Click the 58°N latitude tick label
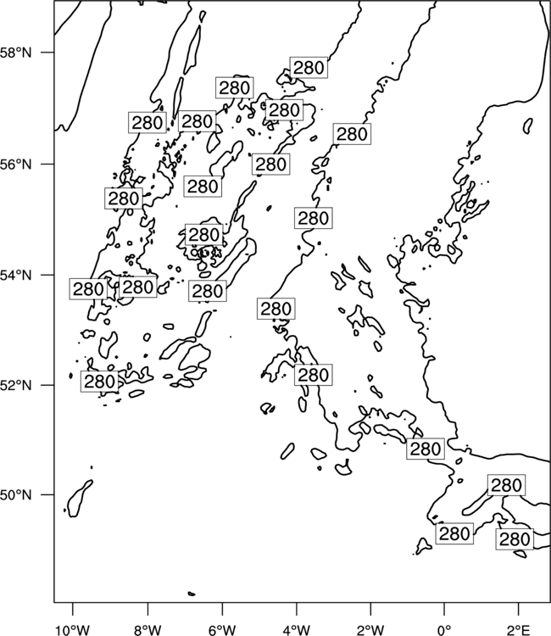click(x=16, y=53)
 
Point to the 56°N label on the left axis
click(x=16, y=165)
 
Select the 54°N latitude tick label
click(x=16, y=276)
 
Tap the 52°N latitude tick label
click(x=16, y=385)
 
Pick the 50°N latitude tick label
click(x=16, y=495)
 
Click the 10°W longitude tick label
click(x=73, y=630)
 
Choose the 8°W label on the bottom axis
click(x=147, y=630)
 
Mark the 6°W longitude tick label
click(x=222, y=630)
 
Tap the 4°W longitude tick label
click(x=296, y=630)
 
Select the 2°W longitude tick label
click(x=370, y=630)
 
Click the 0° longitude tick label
click(x=444, y=630)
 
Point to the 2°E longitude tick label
click(x=518, y=630)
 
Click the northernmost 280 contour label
click(x=309, y=67)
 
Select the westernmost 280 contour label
click(x=88, y=289)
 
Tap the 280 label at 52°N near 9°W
click(x=99, y=382)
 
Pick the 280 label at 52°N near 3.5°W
click(x=314, y=375)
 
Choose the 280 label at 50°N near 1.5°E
click(x=506, y=485)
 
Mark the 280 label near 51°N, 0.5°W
click(x=426, y=449)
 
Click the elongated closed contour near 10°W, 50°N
click(x=80, y=498)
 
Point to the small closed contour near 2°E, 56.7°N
click(x=528, y=126)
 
